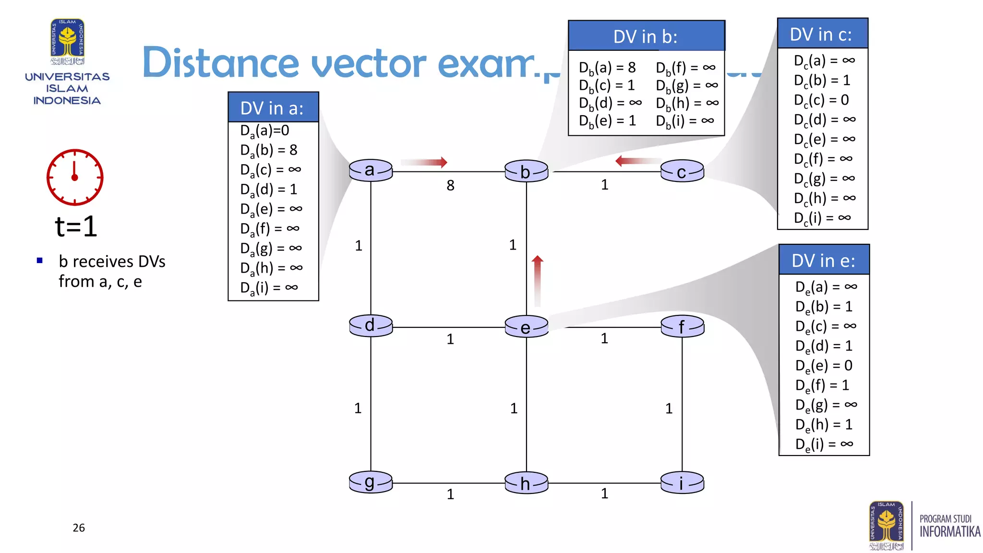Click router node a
(371, 170)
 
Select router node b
(526, 171)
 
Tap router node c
(682, 171)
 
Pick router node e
(526, 327)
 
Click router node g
(371, 482)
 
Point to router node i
(682, 483)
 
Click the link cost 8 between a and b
(450, 185)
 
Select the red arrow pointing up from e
(538, 281)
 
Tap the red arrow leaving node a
(424, 162)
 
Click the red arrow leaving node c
(638, 161)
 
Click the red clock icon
(75, 177)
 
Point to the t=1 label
(76, 227)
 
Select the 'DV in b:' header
(646, 36)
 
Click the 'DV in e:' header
(824, 261)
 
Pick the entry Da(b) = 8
(269, 150)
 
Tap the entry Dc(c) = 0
(821, 100)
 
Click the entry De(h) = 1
(824, 425)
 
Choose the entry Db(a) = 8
(607, 68)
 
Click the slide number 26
(79, 528)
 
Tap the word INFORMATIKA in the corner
(950, 532)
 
